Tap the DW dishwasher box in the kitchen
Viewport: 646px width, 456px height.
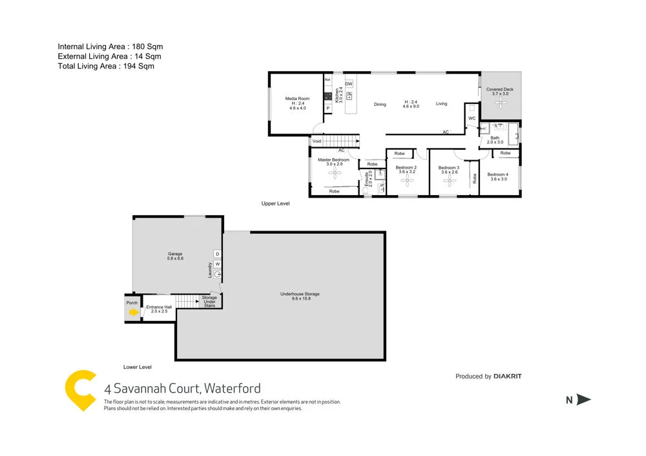[349, 85]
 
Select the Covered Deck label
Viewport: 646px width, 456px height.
[500, 90]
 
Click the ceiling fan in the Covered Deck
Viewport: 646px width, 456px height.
[501, 105]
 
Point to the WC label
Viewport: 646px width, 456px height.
[472, 119]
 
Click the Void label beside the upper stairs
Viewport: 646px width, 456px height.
[317, 141]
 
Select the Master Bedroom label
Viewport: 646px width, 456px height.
[333, 160]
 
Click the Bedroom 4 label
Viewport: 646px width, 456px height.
[498, 174]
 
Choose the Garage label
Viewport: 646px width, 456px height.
[176, 254]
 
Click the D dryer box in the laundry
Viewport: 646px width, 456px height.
[218, 254]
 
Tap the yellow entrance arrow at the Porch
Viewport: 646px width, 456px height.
[133, 313]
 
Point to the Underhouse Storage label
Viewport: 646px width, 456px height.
[300, 294]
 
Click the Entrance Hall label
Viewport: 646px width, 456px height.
[158, 307]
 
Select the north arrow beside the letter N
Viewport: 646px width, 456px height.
[583, 400]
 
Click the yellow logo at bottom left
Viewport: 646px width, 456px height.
[81, 390]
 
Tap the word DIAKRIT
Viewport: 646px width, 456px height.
[514, 376]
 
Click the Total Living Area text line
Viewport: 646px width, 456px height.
[106, 66]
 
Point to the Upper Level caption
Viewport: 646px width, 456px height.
[275, 203]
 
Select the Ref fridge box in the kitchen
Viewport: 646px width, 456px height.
[328, 79]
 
